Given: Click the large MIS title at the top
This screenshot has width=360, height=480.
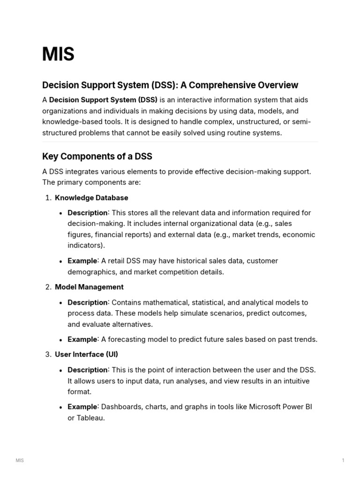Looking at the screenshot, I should coord(58,54).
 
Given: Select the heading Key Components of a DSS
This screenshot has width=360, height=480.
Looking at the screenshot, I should coord(97,156).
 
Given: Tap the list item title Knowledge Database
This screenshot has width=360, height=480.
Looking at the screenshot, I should coord(91,198).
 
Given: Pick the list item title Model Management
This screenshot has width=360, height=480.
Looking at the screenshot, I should coord(89,287).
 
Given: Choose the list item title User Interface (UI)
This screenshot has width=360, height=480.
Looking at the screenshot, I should coord(83,354).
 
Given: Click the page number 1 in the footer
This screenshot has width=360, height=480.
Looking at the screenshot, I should coord(343,461).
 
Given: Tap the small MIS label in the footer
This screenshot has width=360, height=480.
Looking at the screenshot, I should coord(20,461).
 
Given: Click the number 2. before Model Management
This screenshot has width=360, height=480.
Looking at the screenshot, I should coord(48,287).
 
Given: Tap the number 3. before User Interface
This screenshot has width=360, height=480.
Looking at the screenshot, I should coord(48,354).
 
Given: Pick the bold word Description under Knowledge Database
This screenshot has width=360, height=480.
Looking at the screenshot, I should coord(88,213).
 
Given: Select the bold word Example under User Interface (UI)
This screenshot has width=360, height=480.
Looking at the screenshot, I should coord(82,407).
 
